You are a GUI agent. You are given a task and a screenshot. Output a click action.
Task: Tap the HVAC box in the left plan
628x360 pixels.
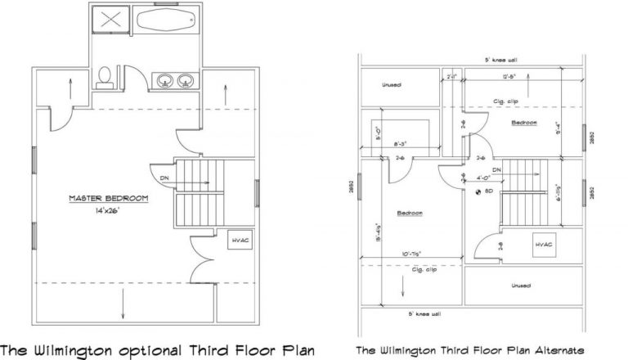[x=240, y=240]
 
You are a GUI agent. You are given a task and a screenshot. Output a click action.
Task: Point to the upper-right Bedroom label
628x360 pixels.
[x=524, y=123]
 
